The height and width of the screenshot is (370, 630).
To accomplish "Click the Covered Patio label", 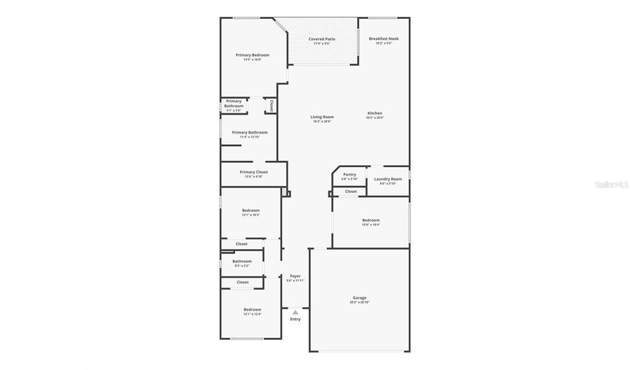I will pos(322,39).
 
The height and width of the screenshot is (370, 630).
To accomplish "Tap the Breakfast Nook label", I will pos(384,39).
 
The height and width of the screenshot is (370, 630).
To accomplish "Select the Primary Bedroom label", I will pos(252,55).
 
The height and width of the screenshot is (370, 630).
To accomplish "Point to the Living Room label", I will pos(322,117).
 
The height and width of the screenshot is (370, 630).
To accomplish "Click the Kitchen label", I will pos(375,113).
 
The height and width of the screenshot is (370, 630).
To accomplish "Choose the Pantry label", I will pos(349,174).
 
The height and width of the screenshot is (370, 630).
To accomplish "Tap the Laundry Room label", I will pos(388,179).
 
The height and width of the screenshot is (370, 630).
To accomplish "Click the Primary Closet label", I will pos(253,172).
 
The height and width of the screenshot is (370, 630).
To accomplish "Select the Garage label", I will pos(359,298).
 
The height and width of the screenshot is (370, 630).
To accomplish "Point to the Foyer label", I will pos(295,276).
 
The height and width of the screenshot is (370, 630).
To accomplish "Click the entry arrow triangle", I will pos(295,312).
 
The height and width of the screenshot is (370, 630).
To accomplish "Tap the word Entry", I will pos(295,319).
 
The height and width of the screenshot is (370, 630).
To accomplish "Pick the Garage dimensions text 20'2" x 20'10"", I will pos(359,302).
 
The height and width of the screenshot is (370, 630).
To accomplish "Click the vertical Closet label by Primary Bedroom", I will pos(271,105).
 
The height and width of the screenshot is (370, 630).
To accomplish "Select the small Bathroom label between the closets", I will pos(242,262).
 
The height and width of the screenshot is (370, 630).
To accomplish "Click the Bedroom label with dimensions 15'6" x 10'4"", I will pos(371,220).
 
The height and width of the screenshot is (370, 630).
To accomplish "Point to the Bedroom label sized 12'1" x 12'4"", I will pos(252,310).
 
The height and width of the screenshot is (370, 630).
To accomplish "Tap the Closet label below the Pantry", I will pos(351,191).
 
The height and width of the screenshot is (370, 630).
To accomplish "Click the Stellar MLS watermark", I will pos(610,185).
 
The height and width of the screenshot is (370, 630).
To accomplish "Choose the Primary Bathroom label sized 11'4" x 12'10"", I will pos(249,132).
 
